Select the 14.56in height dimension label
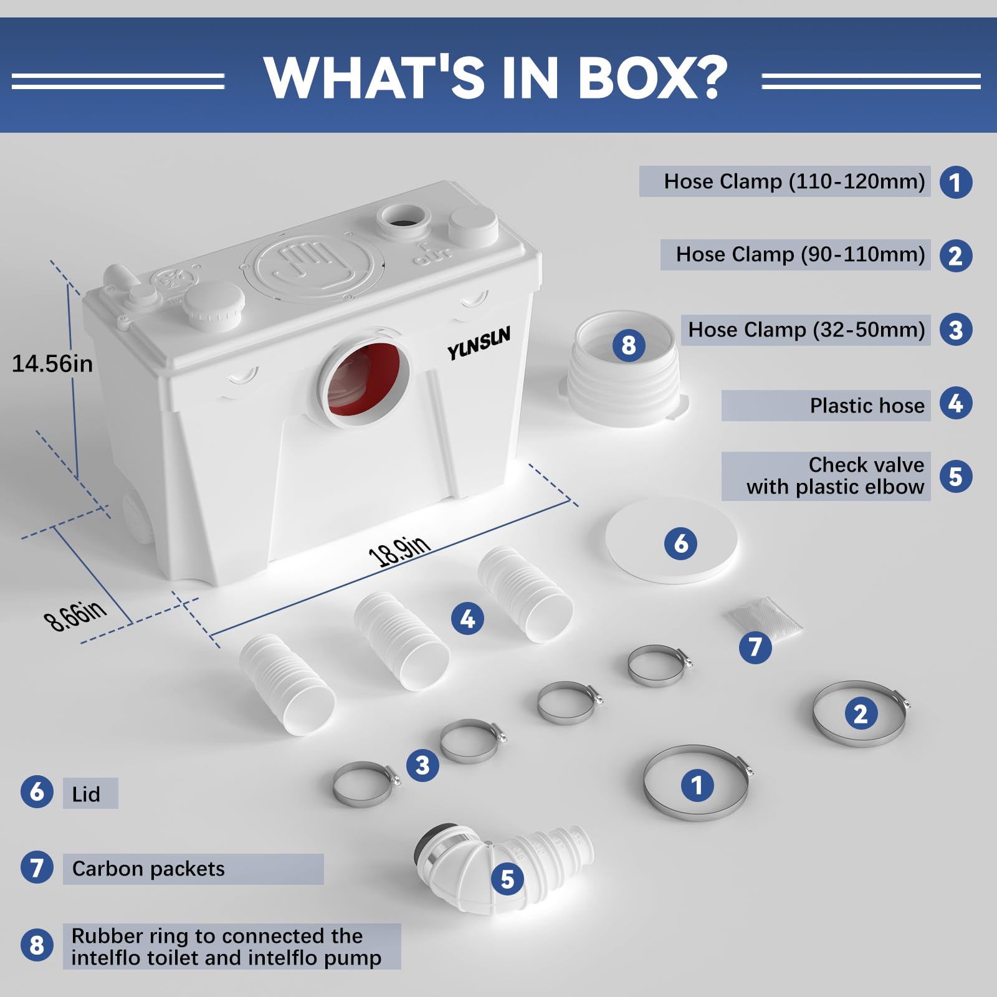click(52, 364)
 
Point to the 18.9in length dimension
click(399, 550)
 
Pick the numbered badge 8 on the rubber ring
click(628, 345)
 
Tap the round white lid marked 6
click(671, 540)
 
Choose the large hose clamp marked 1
click(697, 784)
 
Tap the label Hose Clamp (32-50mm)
click(806, 330)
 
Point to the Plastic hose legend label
click(867, 406)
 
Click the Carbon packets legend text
click(148, 869)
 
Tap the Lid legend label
click(86, 794)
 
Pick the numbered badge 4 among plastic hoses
click(467, 618)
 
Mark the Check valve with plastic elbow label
click(835, 476)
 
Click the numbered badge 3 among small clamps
click(422, 765)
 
